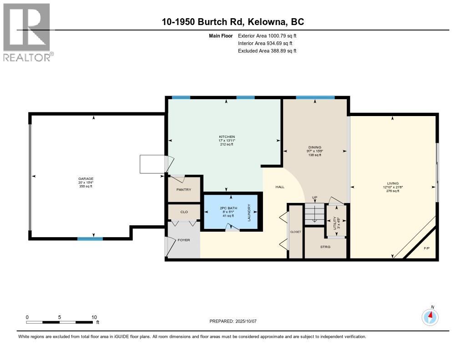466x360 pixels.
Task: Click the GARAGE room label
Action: [x=85, y=179]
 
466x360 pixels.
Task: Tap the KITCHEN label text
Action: [x=226, y=137]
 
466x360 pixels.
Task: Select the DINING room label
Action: [x=315, y=147]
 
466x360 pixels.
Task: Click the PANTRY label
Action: [x=184, y=190]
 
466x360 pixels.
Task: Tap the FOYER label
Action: [x=184, y=240]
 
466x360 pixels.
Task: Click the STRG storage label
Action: [x=325, y=247]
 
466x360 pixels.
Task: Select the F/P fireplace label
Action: [x=426, y=248]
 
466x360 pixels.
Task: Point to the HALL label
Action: [x=279, y=187]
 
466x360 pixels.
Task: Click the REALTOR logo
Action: [x=27, y=32]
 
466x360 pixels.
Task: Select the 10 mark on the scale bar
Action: [x=94, y=317]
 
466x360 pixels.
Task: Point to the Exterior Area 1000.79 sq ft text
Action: [x=267, y=35]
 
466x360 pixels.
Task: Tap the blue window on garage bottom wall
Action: [x=90, y=238]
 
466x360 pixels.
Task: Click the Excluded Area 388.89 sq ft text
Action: [x=267, y=51]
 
